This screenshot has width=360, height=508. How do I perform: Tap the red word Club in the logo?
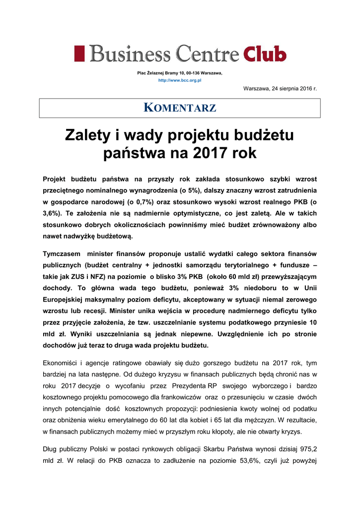[x=265, y=53]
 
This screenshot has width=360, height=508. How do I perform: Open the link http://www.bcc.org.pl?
[x=179, y=80]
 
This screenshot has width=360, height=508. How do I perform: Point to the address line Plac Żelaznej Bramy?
[x=180, y=73]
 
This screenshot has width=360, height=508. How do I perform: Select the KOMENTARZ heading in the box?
[x=180, y=108]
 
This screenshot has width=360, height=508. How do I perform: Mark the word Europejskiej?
[x=64, y=300]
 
